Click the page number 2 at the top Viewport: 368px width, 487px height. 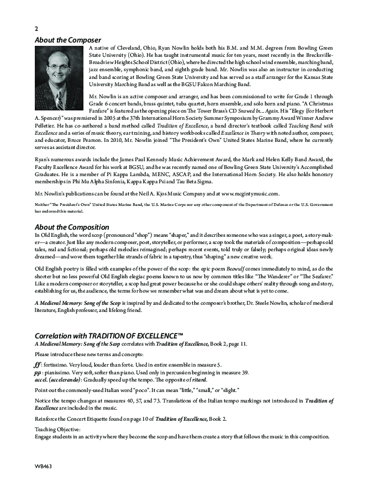36,28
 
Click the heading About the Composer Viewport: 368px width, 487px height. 68,40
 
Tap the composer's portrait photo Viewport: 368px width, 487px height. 60,71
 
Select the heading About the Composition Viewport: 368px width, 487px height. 72,227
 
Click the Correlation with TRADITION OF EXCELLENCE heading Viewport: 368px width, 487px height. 109,335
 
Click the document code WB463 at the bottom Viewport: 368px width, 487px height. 44,466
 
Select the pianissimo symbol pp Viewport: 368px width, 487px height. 38,372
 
